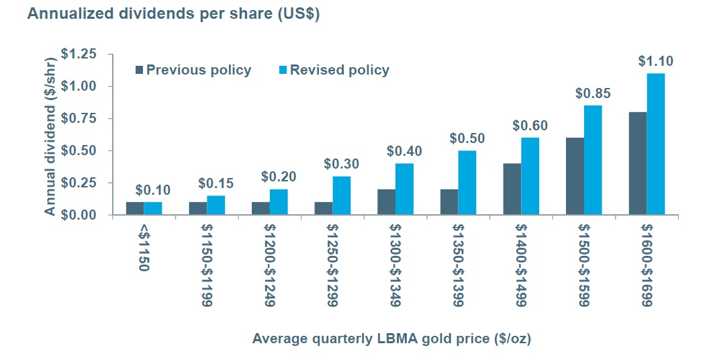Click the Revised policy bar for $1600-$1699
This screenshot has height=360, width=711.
click(655, 144)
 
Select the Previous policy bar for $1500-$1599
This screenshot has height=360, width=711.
click(575, 176)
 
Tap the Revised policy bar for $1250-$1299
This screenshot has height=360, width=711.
click(342, 195)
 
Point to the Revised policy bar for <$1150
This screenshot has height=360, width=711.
click(153, 208)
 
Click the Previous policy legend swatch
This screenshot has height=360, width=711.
click(140, 70)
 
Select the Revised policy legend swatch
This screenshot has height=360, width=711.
click(283, 70)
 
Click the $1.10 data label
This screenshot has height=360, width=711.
click(655, 61)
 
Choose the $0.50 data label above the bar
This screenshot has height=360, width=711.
click(467, 138)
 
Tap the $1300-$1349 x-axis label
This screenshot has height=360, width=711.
click(395, 267)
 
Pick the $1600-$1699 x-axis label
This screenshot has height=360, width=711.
click(646, 267)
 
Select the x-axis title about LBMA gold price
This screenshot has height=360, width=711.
click(391, 339)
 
